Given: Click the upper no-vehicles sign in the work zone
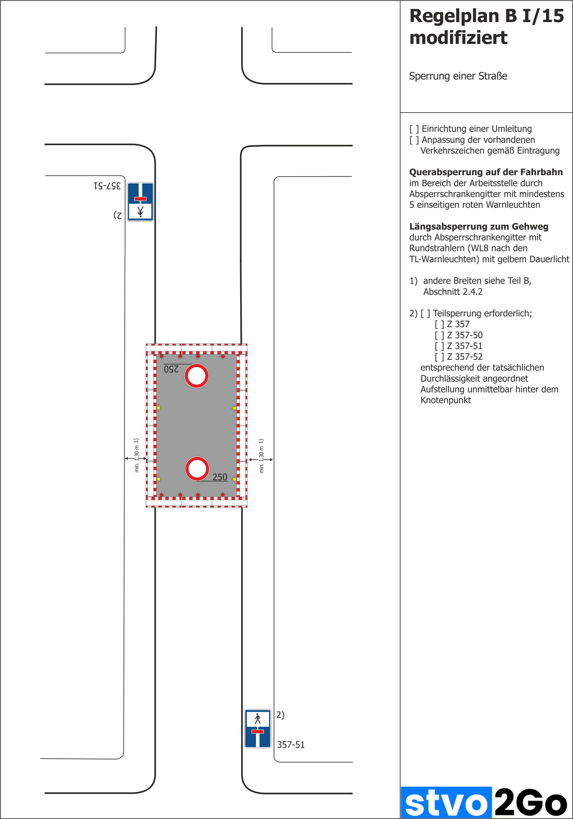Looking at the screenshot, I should click(196, 376).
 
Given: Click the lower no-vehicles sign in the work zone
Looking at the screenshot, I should click(197, 468).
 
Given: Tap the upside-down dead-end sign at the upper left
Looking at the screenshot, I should click(140, 202).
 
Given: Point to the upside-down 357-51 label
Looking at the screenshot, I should click(107, 186).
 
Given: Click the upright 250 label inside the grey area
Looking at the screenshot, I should click(220, 477).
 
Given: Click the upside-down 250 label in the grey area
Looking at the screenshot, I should click(171, 369).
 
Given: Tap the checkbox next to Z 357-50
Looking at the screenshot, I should click(439, 335).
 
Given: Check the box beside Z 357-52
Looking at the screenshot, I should click(439, 357).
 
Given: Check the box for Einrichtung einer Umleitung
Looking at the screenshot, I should click(414, 129).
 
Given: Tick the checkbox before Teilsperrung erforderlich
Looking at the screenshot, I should click(425, 313).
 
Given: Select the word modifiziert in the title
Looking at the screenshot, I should click(458, 38).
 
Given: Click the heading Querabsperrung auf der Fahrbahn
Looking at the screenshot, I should click(486, 172).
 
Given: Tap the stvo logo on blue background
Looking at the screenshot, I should click(446, 803).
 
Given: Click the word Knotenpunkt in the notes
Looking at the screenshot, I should click(445, 400).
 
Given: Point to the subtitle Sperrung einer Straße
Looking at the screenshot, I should click(458, 76).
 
